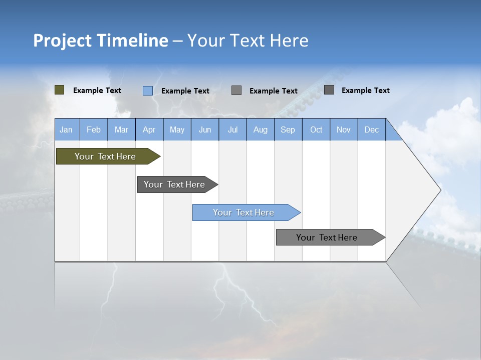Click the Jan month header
point(67,129)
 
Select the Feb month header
point(94,129)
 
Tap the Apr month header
point(149,129)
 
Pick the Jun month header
point(205,129)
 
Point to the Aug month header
point(261,129)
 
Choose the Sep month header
point(288,129)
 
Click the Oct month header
point(316,129)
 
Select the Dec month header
point(372,129)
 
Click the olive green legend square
point(60,90)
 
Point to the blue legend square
point(147,90)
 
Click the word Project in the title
point(62,40)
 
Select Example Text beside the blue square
point(185,91)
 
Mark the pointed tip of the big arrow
point(440,189)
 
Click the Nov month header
point(344,129)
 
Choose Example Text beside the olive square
point(97,90)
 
